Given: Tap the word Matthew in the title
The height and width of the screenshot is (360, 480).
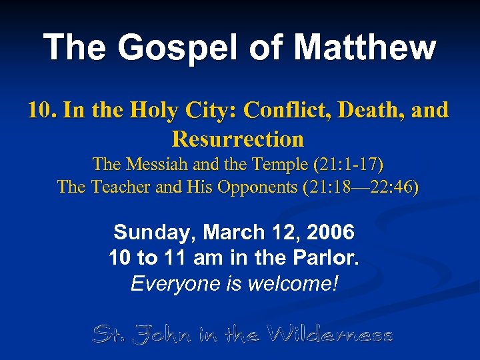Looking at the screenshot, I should click(x=365, y=48).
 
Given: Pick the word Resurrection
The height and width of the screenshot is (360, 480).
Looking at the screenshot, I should click(x=238, y=139).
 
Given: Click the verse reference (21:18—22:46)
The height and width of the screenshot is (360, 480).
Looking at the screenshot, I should click(x=361, y=187).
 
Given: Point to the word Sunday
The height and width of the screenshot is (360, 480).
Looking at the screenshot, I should click(x=155, y=233).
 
